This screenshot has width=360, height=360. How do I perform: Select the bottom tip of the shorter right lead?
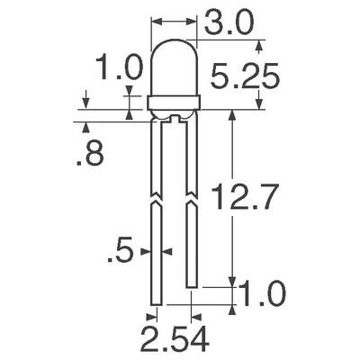(x=191, y=285)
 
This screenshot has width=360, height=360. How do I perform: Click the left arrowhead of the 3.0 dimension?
(x=153, y=21)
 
